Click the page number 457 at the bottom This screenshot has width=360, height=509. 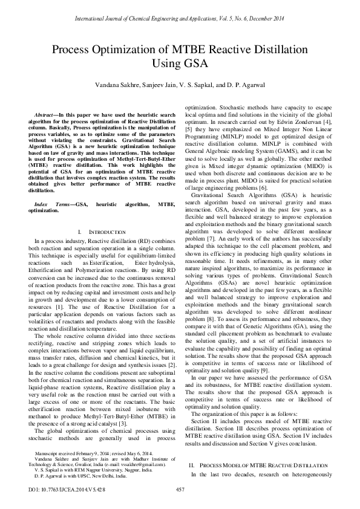coord(180,489)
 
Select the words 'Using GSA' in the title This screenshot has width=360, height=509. coord(179,62)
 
